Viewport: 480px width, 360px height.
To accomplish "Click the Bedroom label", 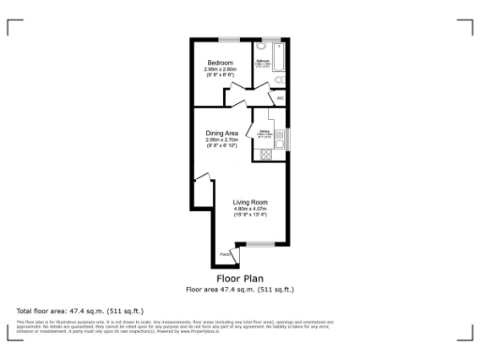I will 220,62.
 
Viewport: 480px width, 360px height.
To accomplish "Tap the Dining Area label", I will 221,133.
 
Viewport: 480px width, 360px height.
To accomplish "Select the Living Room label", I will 250,202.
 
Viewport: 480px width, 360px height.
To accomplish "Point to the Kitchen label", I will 264,133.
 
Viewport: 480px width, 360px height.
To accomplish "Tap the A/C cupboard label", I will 280,97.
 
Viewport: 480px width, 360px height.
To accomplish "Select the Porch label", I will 225,254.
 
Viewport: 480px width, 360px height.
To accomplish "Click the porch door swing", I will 230,250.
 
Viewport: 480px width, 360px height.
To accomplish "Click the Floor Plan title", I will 240,278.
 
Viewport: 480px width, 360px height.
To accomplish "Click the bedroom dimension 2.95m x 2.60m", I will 220,68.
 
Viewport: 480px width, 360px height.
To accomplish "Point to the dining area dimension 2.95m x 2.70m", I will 221,140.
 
